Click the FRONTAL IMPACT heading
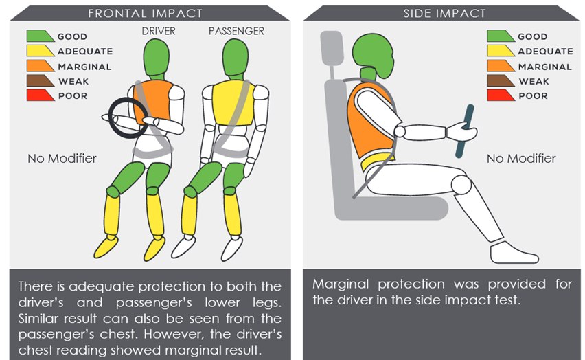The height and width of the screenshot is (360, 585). [x=145, y=14]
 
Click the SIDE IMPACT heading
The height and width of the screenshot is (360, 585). [x=444, y=14]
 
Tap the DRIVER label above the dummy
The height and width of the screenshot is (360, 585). [x=159, y=31]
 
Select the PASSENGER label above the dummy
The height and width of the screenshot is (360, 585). [x=236, y=31]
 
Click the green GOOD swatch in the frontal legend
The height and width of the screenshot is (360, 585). [x=41, y=36]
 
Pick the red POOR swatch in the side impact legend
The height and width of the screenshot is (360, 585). [x=501, y=95]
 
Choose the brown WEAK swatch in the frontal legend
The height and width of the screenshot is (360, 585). [x=41, y=80]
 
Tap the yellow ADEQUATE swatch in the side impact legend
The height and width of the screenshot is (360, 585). [x=501, y=50]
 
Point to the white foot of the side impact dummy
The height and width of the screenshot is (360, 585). [x=513, y=253]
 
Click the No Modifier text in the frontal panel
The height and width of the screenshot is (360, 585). [x=62, y=158]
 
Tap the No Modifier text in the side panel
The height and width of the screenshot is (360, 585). [x=521, y=158]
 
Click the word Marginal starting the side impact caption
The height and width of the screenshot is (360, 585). [x=341, y=284]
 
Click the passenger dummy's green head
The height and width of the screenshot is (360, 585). [x=235, y=57]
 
